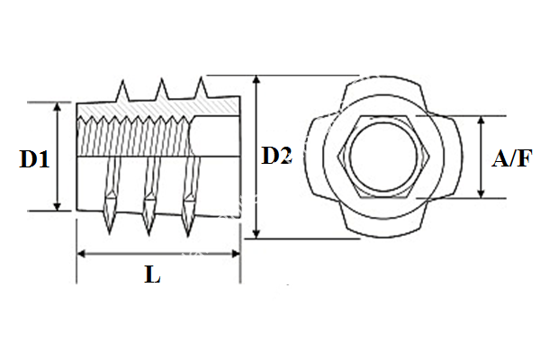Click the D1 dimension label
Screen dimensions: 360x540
(x=35, y=159)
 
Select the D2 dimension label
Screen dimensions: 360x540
(x=276, y=157)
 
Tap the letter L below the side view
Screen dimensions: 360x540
(x=152, y=276)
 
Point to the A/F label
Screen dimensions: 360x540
(x=510, y=159)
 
